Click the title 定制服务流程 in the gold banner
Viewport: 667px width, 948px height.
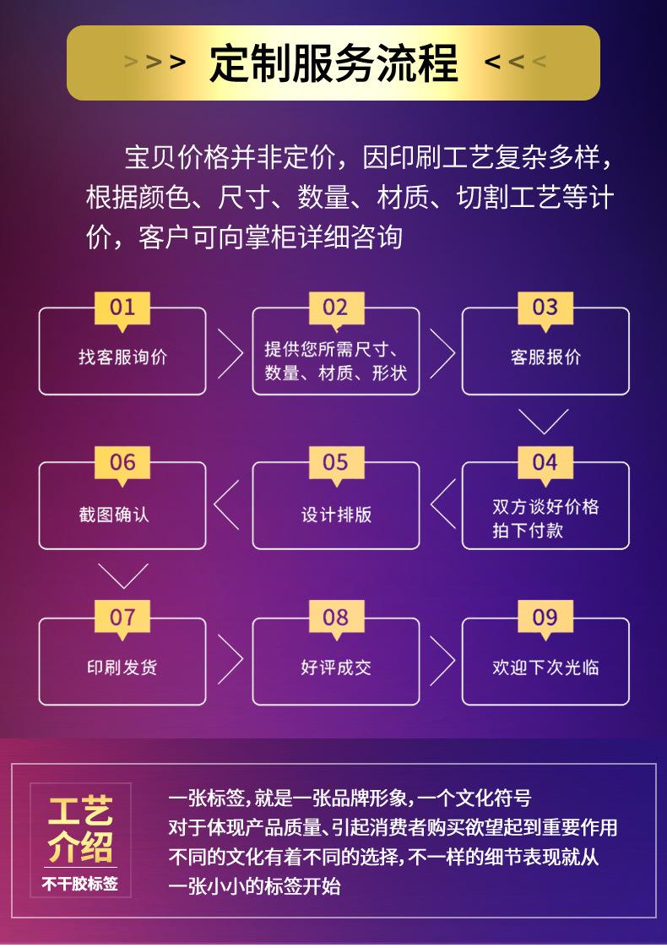click(333, 63)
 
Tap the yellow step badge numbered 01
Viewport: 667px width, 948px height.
click(122, 307)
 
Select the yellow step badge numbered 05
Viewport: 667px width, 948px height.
click(335, 462)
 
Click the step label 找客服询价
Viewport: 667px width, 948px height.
click(123, 357)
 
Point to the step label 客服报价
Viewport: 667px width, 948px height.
click(545, 357)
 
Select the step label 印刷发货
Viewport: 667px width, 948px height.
click(122, 667)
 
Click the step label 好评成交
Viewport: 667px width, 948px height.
click(336, 667)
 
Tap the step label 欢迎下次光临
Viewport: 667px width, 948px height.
click(545, 667)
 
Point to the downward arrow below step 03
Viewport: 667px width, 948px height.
click(543, 421)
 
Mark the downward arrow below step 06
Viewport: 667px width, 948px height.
click(123, 575)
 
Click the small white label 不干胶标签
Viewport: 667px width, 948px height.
click(80, 884)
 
